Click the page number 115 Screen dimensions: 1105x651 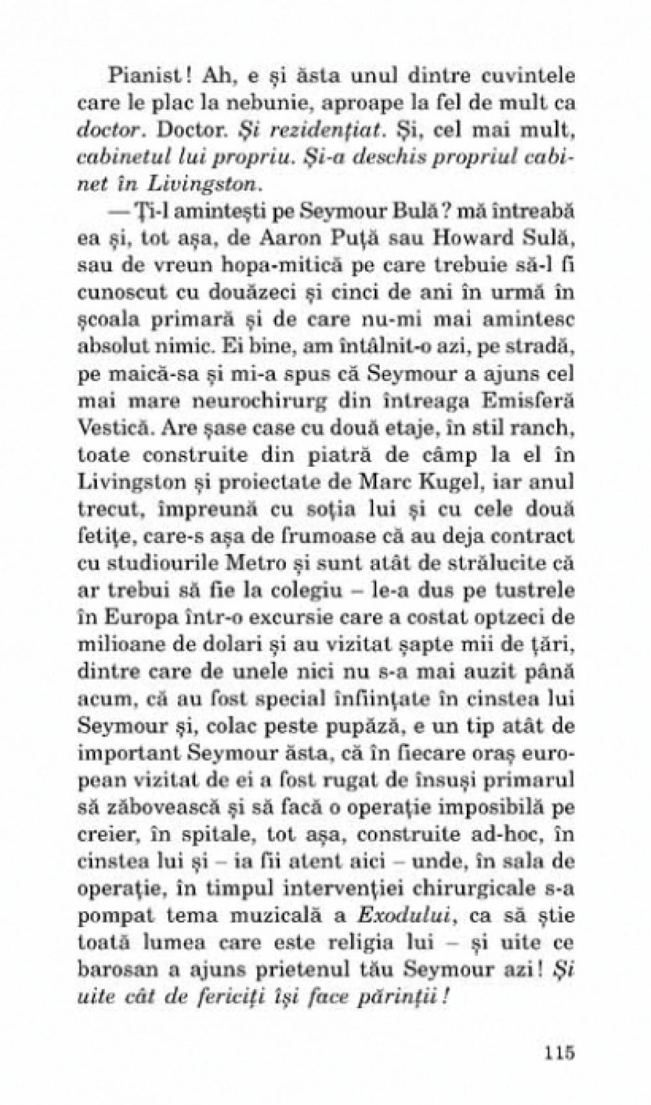point(553,1054)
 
